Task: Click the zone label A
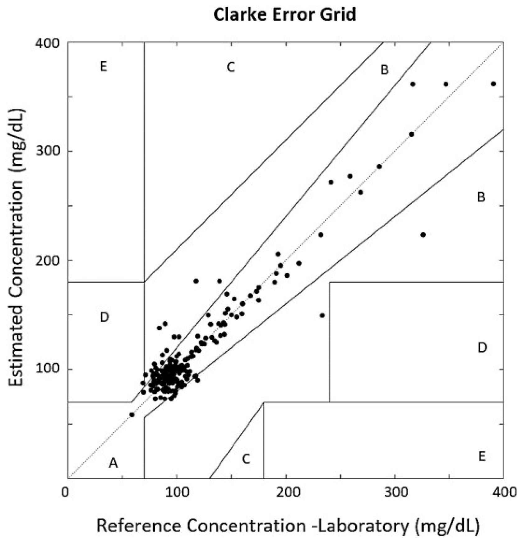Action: coord(113,463)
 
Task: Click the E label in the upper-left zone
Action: coord(104,67)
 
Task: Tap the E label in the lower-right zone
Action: coord(482,456)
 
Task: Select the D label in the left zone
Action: coord(104,317)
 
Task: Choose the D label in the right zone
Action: coord(482,347)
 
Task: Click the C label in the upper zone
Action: coord(230,67)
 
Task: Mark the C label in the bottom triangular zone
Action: coord(246,459)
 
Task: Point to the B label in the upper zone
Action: coord(384,70)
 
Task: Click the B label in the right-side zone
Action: coord(481,197)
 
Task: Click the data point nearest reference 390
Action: coord(493,84)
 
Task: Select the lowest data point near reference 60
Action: coord(132,415)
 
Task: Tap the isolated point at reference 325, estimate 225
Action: coord(423,235)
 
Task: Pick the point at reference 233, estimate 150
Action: coord(322,315)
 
